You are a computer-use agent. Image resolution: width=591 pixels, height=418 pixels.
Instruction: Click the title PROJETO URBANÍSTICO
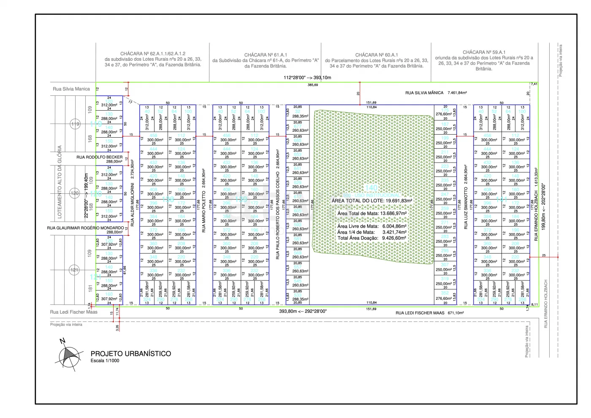(131, 354)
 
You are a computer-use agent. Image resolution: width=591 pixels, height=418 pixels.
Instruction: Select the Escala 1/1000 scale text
(105, 361)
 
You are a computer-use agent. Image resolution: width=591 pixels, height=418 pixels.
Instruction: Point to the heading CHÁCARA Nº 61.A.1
(266, 55)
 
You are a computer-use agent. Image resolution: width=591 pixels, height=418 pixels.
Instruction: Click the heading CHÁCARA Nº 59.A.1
(484, 52)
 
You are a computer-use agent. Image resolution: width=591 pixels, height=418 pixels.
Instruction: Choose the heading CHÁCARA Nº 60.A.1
(377, 55)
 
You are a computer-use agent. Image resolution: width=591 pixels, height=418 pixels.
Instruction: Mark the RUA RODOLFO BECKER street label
(100, 157)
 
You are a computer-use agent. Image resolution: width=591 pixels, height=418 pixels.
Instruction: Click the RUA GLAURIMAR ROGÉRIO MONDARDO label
(85, 228)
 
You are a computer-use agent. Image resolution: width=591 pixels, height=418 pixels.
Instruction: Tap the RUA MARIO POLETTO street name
(203, 211)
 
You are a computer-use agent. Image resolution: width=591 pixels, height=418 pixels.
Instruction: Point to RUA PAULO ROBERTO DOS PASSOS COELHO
(277, 204)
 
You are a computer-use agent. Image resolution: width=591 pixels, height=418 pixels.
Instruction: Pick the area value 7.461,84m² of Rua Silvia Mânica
(457, 93)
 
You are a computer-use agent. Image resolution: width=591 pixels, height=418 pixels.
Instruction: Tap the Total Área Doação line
(371, 238)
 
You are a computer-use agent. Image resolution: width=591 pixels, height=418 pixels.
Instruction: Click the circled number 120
(74, 193)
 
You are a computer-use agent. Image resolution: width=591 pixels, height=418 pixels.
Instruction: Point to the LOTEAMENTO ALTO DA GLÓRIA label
(60, 182)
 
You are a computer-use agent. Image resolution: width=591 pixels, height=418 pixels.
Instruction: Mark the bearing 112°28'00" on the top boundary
(295, 78)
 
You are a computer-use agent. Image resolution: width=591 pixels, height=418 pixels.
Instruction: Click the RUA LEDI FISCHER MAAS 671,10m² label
(429, 313)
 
